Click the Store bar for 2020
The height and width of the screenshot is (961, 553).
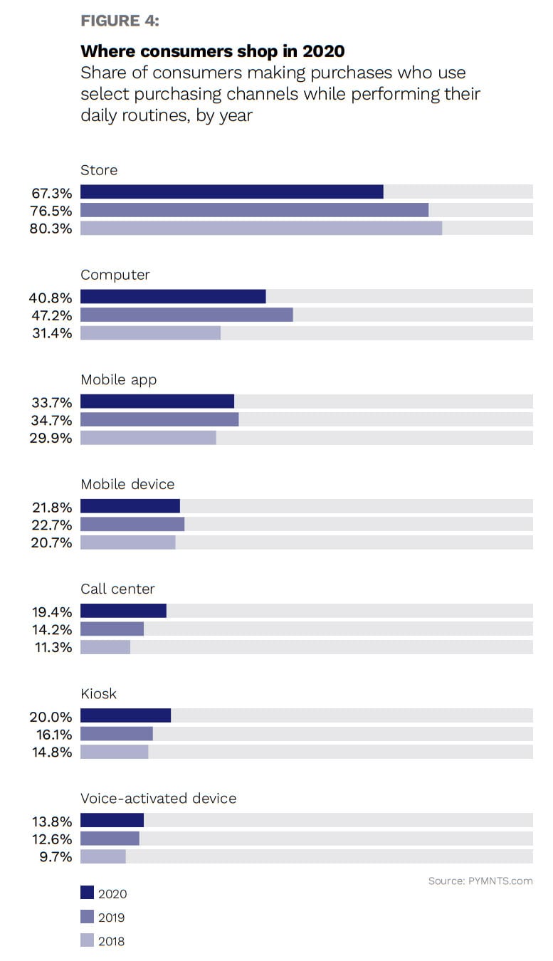click(231, 191)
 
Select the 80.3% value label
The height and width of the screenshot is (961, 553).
click(51, 229)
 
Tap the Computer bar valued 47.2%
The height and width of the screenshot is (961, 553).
click(186, 315)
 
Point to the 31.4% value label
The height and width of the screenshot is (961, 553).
click(51, 333)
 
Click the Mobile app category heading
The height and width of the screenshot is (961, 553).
click(118, 379)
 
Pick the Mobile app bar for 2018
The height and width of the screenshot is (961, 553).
click(148, 438)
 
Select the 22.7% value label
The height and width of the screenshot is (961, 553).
click(51, 525)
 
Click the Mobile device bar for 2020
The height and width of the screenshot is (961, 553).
click(130, 506)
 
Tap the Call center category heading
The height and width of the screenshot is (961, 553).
click(117, 589)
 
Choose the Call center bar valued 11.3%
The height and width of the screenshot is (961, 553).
click(105, 647)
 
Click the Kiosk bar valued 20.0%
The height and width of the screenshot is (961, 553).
click(125, 715)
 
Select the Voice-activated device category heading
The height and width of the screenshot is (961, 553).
click(158, 798)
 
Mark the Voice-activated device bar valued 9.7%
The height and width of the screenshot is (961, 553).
click(103, 856)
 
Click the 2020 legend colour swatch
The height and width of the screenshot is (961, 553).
click(87, 893)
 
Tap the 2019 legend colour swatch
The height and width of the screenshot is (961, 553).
click(87, 917)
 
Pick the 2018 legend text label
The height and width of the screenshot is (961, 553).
click(111, 941)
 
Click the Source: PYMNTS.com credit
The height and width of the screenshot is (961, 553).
click(480, 881)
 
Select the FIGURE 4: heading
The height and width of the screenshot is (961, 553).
click(120, 21)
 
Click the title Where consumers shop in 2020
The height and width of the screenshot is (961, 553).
click(212, 51)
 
